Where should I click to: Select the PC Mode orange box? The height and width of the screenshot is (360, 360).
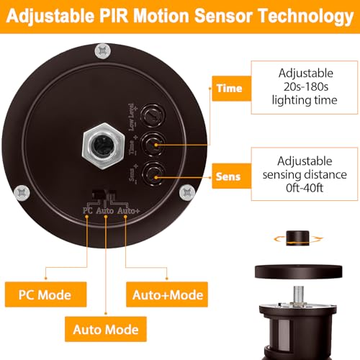[x=45, y=294]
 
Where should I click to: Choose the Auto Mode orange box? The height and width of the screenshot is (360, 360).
[x=106, y=329]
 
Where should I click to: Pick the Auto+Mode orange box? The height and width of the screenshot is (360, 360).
[x=167, y=294]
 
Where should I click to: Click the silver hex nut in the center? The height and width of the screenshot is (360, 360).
[x=104, y=145]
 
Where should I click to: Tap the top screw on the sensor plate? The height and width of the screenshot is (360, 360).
[x=103, y=51]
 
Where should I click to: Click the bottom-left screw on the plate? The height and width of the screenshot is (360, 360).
[x=22, y=193]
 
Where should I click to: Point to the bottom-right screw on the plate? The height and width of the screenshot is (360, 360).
[x=187, y=192]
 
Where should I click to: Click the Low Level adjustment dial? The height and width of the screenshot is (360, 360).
[x=153, y=116]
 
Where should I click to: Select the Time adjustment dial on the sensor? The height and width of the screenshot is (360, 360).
[x=153, y=145]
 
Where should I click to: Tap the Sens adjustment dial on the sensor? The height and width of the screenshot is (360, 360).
[x=153, y=174]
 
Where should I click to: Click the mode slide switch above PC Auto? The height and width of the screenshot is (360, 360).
[x=104, y=194]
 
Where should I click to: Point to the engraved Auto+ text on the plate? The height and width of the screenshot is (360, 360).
[x=128, y=211]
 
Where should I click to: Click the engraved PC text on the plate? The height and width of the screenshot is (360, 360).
[x=87, y=211]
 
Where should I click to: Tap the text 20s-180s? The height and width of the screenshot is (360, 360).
[x=306, y=86]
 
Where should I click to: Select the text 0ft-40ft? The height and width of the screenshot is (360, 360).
[x=305, y=188]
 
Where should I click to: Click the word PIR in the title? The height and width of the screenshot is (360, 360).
[x=113, y=16]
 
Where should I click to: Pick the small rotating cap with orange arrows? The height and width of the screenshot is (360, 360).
[x=297, y=238]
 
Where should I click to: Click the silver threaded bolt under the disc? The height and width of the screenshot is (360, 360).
[x=298, y=296]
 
